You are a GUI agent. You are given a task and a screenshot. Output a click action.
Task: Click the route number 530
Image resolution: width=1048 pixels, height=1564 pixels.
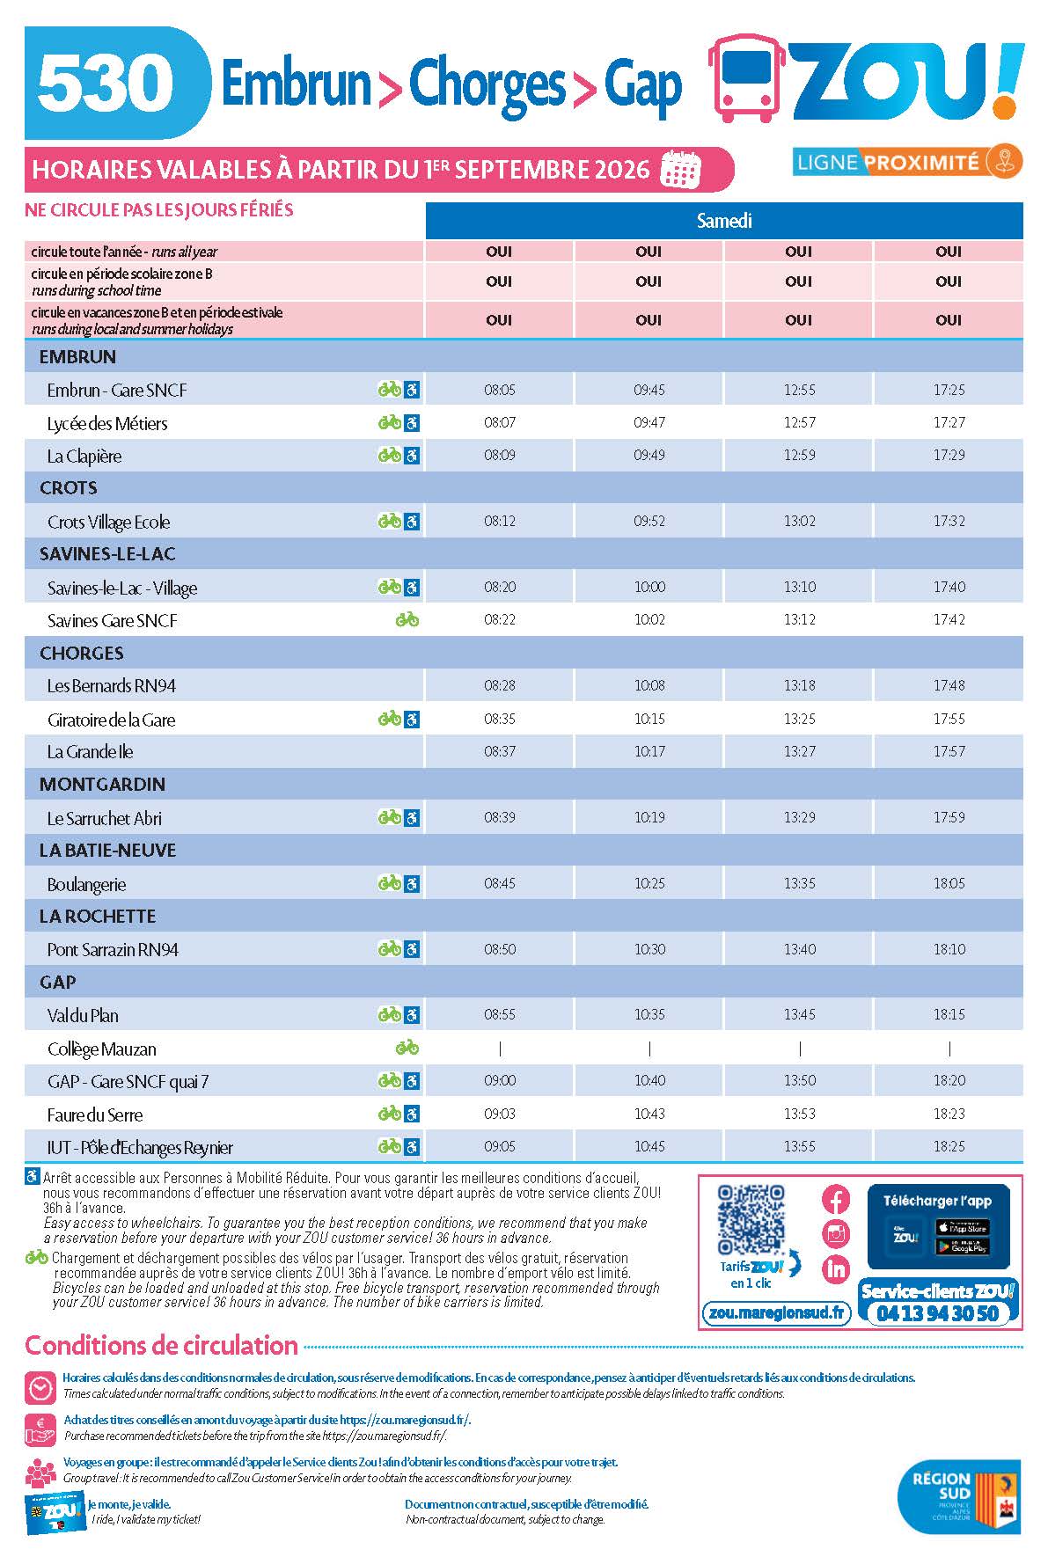[106, 83]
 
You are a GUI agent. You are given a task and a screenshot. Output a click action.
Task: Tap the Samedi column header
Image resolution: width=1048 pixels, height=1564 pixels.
[724, 221]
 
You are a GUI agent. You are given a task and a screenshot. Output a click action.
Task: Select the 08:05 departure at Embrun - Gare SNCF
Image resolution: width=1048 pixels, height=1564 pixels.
[500, 390]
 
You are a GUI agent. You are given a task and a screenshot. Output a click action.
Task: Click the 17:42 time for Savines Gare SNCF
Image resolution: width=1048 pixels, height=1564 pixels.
[949, 620]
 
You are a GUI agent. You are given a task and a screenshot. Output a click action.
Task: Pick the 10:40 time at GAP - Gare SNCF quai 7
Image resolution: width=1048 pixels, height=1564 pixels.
[649, 1081]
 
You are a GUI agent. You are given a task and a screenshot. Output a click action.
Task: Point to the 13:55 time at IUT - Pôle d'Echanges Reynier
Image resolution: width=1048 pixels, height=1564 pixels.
[800, 1147]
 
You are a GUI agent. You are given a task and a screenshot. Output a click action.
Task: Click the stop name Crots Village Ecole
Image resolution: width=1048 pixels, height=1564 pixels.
[108, 522]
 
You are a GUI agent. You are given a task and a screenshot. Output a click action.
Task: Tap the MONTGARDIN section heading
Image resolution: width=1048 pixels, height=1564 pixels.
[102, 784]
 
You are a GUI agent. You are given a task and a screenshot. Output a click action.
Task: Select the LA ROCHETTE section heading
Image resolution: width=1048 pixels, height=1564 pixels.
[98, 916]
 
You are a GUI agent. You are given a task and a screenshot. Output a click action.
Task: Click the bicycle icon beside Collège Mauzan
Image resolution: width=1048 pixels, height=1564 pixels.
[407, 1048]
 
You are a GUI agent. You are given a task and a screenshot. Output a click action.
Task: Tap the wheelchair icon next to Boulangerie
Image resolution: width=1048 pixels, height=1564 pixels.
[412, 883]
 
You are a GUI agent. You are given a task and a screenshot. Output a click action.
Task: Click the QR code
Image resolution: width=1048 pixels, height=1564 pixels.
[751, 1220]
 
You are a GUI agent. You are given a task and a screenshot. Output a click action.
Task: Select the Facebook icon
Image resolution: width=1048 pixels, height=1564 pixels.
[836, 1200]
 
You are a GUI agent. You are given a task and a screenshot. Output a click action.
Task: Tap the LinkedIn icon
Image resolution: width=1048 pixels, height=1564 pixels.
[836, 1268]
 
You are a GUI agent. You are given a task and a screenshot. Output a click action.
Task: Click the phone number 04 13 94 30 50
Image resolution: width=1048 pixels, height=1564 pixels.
[938, 1313]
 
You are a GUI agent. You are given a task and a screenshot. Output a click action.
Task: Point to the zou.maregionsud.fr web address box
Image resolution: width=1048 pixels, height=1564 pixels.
[777, 1313]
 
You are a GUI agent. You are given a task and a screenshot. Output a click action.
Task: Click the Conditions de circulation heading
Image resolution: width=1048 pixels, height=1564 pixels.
[161, 1345]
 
